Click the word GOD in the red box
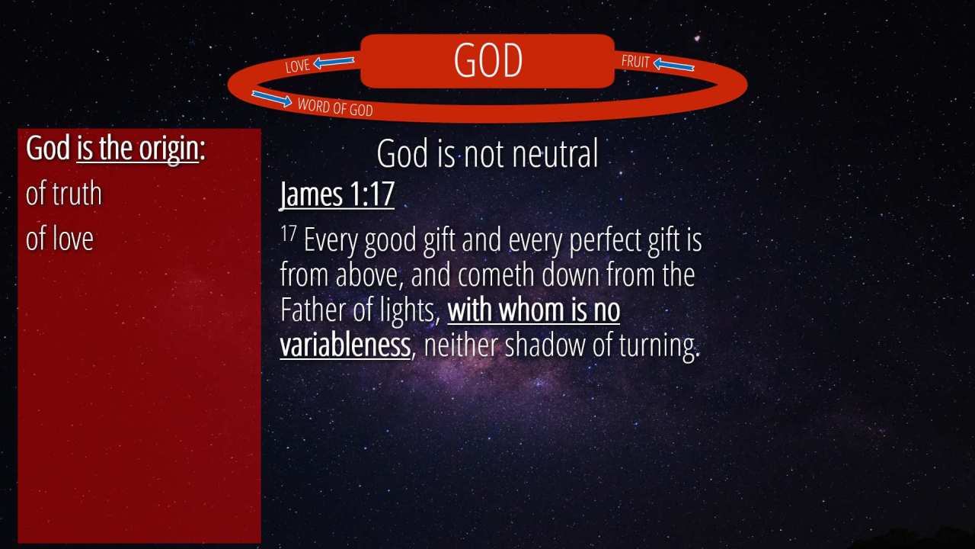[x=488, y=60]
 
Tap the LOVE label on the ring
[x=298, y=66]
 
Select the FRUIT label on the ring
[x=635, y=62]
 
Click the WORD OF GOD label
[x=335, y=108]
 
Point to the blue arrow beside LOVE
[x=334, y=63]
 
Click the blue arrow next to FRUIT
[x=674, y=65]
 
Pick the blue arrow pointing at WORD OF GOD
[x=272, y=98]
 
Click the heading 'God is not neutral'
[x=487, y=153]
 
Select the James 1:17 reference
[x=337, y=194]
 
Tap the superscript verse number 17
[x=288, y=233]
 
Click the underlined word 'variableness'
[x=345, y=345]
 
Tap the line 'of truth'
[x=63, y=194]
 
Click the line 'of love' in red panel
[x=59, y=239]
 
